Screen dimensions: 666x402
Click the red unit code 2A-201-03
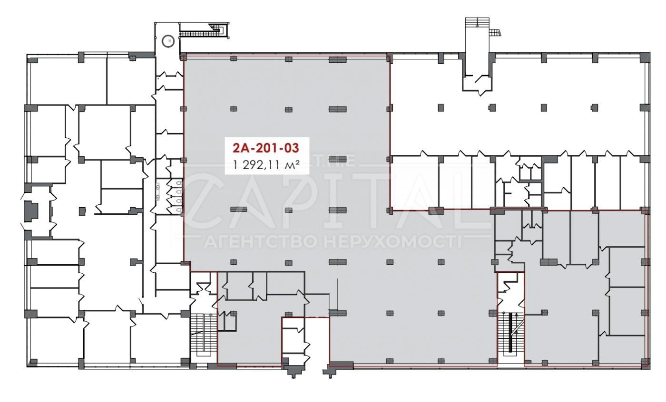265,148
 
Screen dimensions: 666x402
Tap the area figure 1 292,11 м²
265,165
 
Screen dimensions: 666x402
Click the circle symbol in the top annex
168,41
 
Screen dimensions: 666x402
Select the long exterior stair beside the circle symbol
204,31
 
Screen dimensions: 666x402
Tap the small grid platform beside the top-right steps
496,32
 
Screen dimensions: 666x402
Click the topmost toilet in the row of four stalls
178,184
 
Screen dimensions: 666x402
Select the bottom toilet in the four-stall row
178,210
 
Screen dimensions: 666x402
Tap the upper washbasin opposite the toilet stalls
157,187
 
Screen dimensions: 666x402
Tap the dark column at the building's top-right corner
645,57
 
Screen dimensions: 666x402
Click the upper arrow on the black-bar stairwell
517,316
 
